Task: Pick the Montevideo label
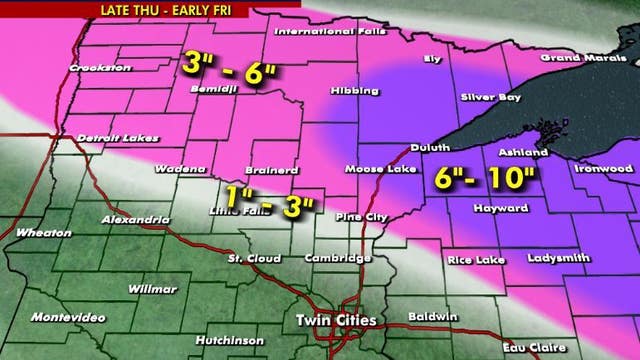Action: pyautogui.click(x=67, y=316)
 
